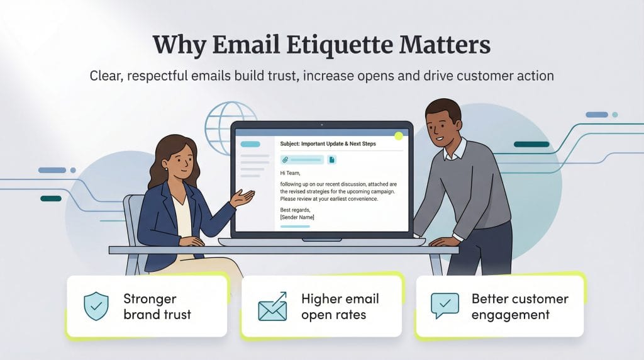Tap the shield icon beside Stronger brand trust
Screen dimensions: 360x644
pyautogui.click(x=96, y=306)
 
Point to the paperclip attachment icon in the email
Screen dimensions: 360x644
pyautogui.click(x=285, y=160)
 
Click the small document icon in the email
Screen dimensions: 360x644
pyautogui.click(x=331, y=160)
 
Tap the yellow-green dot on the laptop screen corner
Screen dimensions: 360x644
pyautogui.click(x=398, y=135)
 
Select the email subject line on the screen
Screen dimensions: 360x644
pyautogui.click(x=328, y=144)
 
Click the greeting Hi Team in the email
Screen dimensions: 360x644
pyautogui.click(x=291, y=172)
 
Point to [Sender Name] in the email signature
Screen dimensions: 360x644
pyautogui.click(x=297, y=217)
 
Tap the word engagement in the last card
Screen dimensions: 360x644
pyautogui.click(x=511, y=315)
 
